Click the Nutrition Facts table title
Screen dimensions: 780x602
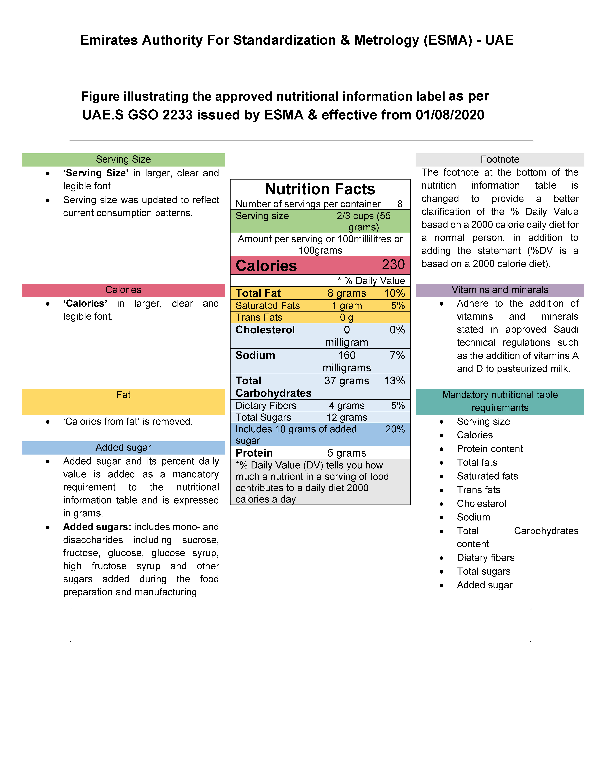coord(320,189)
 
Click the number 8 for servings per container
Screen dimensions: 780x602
coord(400,204)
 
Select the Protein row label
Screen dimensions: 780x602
coord(254,453)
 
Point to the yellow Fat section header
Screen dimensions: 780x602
coord(123,395)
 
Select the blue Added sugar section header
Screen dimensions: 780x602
coord(123,448)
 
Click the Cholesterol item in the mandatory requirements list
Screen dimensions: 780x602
coord(481,504)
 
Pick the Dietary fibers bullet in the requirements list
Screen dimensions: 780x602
coord(485,557)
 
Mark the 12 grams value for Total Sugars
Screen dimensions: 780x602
coord(347,417)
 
